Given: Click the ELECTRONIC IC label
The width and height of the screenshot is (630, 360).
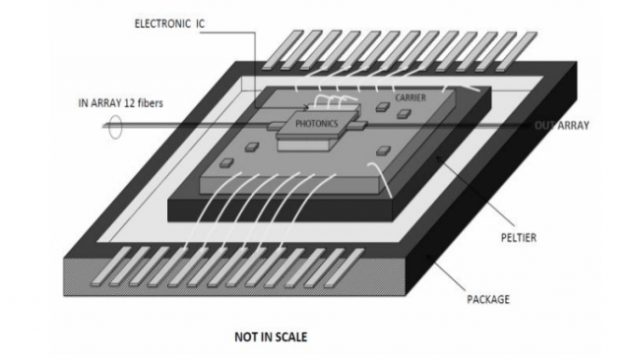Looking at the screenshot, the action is pyautogui.click(x=169, y=24).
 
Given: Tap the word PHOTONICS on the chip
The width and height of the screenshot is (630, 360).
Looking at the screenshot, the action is pyautogui.click(x=317, y=124).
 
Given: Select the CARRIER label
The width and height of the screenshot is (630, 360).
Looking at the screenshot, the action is pyautogui.click(x=410, y=97).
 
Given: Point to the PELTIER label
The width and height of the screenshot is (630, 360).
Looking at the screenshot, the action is pyautogui.click(x=519, y=238).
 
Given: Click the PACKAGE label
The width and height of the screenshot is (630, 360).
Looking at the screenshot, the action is pyautogui.click(x=488, y=299).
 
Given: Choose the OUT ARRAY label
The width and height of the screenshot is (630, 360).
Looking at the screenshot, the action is pyautogui.click(x=561, y=126).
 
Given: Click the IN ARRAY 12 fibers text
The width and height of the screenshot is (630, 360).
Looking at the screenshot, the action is pyautogui.click(x=120, y=103).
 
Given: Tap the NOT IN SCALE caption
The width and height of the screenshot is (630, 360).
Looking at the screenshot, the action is pyautogui.click(x=271, y=336).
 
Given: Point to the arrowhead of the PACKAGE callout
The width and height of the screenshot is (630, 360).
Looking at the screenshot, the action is pyautogui.click(x=428, y=257).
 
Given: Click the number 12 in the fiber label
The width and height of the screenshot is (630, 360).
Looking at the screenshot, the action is pyautogui.click(x=130, y=103).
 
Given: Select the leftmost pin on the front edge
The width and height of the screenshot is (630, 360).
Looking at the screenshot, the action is pyautogui.click(x=111, y=267).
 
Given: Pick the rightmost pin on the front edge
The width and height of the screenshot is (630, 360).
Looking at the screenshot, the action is pyautogui.click(x=345, y=268).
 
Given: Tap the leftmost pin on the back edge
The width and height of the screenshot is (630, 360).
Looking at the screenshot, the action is pyautogui.click(x=283, y=50).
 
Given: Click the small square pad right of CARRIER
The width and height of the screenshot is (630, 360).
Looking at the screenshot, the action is pyautogui.click(x=404, y=114).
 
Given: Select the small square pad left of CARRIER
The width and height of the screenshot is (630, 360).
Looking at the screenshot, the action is pyautogui.click(x=383, y=107).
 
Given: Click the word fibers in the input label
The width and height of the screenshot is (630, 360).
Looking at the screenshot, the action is pyautogui.click(x=151, y=103).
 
